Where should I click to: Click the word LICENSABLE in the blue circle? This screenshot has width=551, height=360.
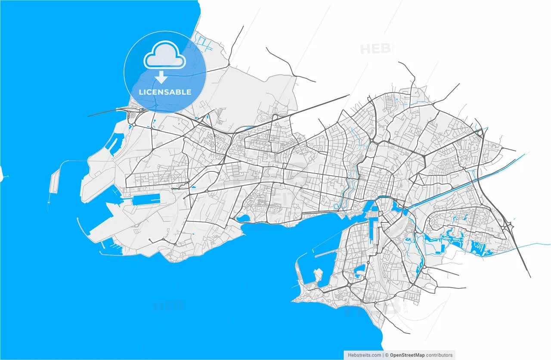coord(165,92)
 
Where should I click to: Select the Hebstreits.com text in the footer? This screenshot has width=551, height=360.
coord(364,355)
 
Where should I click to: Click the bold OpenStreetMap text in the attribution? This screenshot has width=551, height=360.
coord(407,355)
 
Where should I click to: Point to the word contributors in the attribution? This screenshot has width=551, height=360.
coord(439,355)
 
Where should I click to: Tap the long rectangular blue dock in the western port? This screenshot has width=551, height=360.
coord(145,199)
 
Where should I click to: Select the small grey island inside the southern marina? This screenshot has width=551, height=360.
coord(318,274)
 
